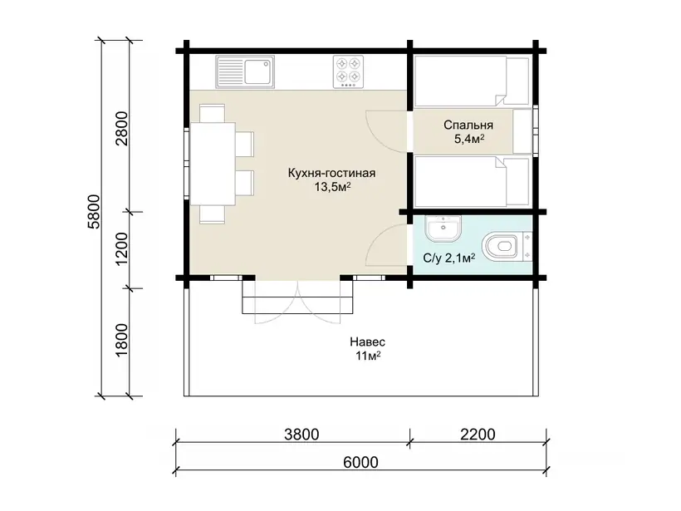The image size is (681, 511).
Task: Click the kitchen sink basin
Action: point(259,71)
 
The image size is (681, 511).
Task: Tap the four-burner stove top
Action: point(348,71)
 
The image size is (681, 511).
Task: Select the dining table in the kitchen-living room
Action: point(213,164)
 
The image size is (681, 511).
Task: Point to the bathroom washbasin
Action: point(443,229)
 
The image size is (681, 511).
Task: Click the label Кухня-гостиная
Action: point(331,173)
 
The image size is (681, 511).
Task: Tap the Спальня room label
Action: point(468,125)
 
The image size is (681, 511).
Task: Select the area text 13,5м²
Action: point(333,187)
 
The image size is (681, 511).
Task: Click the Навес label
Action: point(367,342)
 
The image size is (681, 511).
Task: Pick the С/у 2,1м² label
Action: point(449,258)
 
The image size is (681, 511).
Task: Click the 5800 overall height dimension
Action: point(94,212)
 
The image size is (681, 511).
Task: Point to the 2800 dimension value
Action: point(122,129)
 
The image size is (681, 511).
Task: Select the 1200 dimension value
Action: point(122,249)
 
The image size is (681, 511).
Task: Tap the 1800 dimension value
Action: point(122,340)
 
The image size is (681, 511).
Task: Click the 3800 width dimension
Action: point(301,434)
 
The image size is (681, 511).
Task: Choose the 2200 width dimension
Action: point(478,434)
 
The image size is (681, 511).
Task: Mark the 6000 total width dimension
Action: point(360,462)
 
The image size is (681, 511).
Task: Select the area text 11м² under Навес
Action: point(368,356)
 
